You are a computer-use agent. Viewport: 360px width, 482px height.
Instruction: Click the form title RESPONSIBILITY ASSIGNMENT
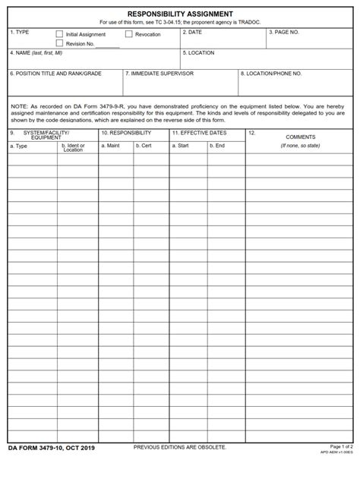180,14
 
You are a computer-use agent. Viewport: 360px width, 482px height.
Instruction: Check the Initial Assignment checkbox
59,34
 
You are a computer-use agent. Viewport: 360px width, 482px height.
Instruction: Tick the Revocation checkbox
128,34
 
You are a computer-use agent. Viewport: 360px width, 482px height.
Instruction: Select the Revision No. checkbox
59,43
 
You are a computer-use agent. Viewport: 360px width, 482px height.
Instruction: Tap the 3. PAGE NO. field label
284,33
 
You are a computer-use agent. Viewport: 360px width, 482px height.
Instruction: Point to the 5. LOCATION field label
199,53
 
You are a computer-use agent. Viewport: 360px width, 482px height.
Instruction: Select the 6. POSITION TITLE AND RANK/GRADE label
55,74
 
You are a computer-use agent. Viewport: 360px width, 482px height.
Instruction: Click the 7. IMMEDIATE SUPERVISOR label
162,74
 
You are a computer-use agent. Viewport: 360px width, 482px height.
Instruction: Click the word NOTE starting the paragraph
17,107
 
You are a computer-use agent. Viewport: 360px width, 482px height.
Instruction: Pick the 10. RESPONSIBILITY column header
126,133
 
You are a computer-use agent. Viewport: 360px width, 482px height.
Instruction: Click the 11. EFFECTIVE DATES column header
199,133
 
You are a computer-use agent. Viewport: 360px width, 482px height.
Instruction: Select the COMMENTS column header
300,137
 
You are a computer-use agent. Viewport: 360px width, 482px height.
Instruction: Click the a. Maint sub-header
112,145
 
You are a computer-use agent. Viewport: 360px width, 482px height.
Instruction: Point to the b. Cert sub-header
143,145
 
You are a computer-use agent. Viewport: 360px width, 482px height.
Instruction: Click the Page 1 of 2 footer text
342,468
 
